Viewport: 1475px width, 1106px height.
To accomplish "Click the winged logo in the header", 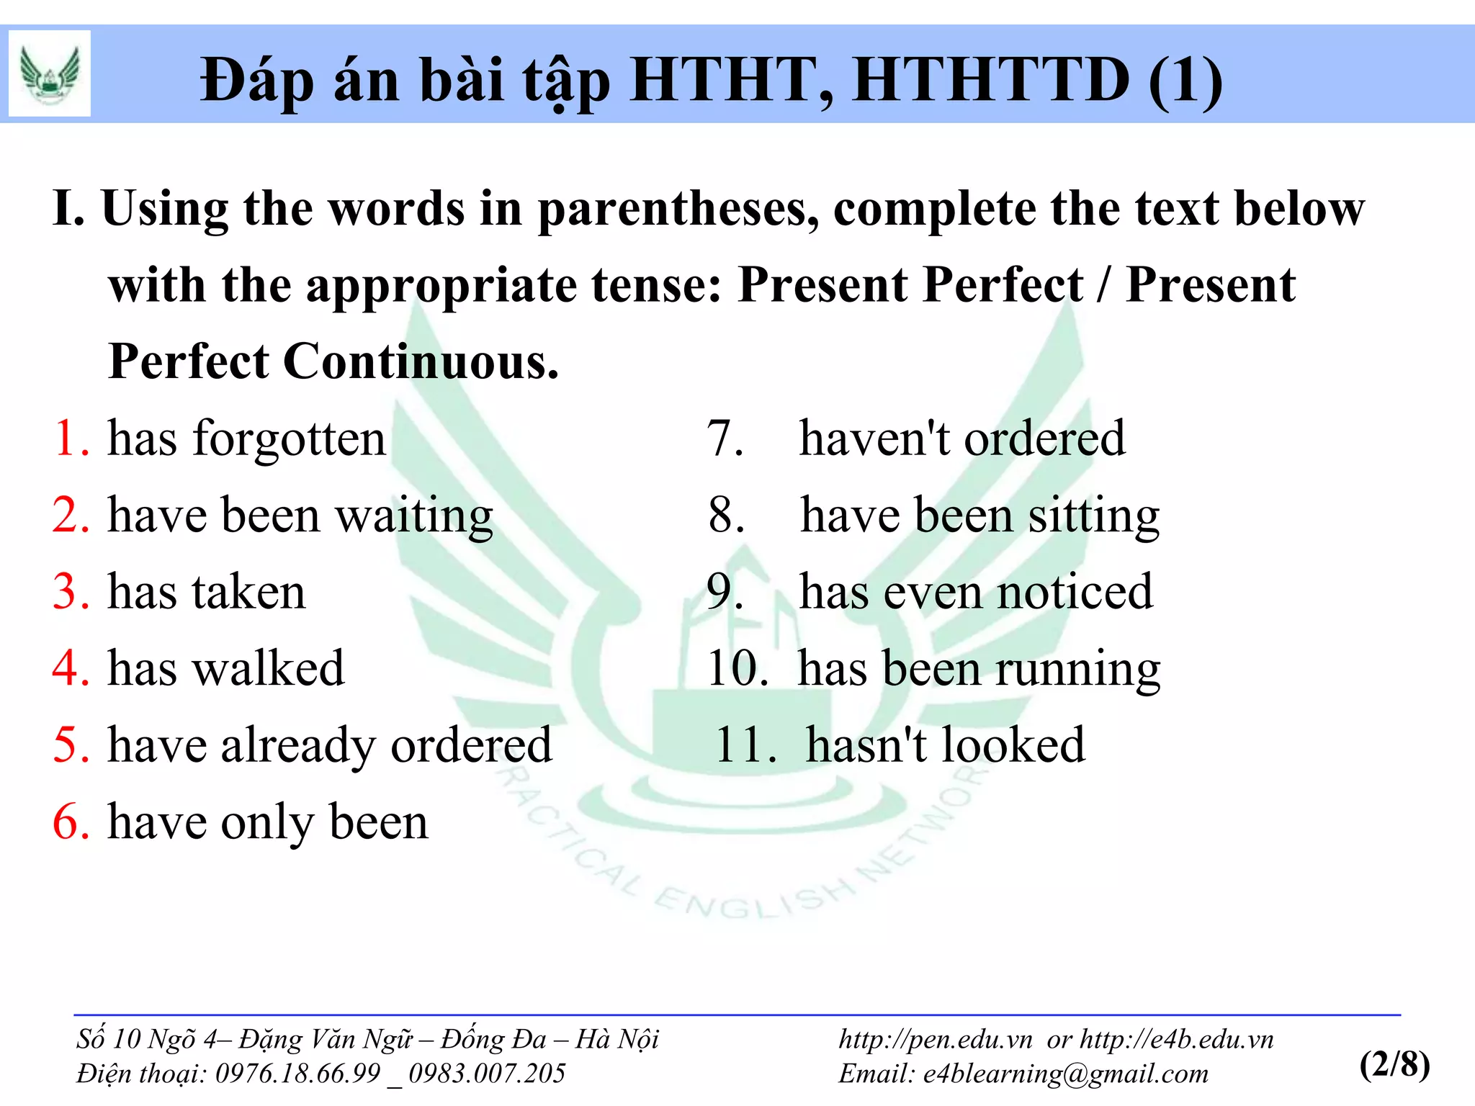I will (49, 73).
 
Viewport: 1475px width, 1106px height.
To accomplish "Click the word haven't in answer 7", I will (874, 439).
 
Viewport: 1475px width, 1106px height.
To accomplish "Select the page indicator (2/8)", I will (1394, 1064).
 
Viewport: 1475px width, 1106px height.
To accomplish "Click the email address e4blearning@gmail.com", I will (1066, 1074).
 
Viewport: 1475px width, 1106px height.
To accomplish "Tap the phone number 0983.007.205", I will (487, 1074).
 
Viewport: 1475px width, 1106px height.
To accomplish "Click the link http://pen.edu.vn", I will (936, 1040).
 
